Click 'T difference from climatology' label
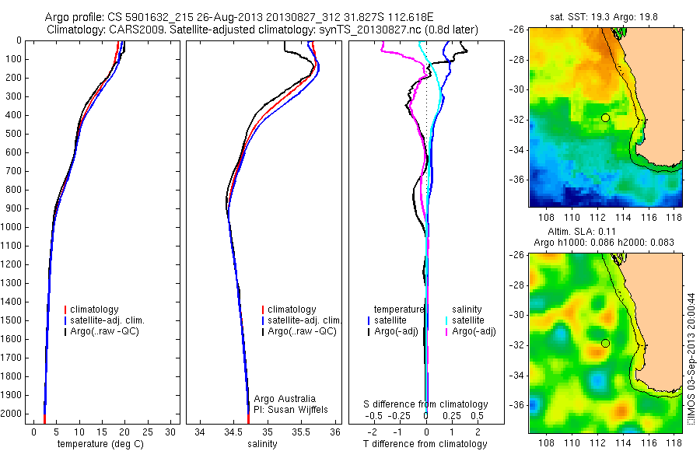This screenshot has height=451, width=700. pos(425,444)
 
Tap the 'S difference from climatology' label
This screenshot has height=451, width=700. pos(425,404)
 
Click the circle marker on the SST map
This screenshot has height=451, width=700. pos(605,117)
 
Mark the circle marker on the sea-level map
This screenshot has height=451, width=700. pos(605,343)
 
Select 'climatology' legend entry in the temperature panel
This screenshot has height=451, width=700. pos(95,309)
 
